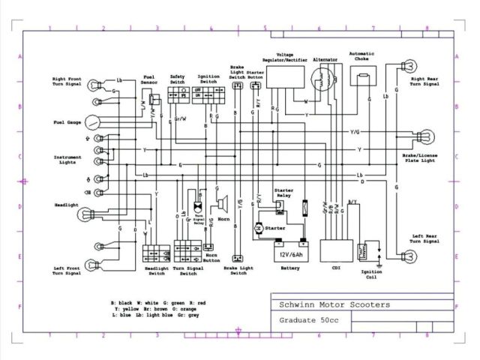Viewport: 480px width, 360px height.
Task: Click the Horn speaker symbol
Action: click(x=223, y=202)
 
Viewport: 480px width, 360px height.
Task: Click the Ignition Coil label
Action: click(x=370, y=274)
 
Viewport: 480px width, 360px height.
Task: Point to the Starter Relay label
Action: click(x=283, y=192)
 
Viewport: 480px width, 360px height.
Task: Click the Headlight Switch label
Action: click(x=155, y=271)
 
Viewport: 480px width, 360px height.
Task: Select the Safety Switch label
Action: click(x=178, y=79)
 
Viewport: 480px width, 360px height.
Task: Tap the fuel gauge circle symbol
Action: click(x=91, y=121)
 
